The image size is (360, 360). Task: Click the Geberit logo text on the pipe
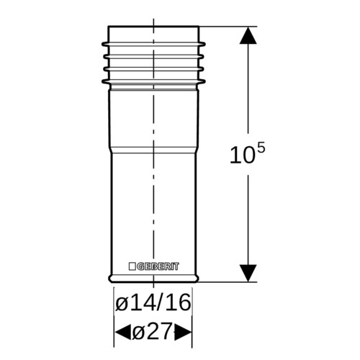point(158,266)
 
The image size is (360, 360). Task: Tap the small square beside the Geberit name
point(132,266)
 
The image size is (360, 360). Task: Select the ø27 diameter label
point(153,331)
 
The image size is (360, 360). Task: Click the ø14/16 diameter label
point(153,303)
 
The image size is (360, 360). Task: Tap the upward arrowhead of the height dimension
point(248,35)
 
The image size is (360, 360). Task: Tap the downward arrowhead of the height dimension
point(248,273)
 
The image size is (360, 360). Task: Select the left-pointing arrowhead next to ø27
point(123,333)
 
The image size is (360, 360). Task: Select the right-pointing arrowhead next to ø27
point(183,333)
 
